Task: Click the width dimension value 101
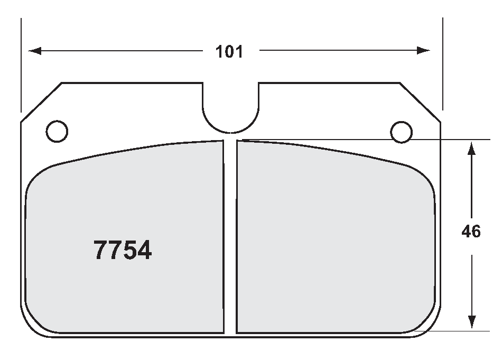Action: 229,51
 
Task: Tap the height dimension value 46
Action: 471,232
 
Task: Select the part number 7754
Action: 123,250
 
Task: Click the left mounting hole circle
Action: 57,131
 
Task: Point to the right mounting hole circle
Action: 401,132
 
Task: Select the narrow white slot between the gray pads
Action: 230,238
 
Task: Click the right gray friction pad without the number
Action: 333,238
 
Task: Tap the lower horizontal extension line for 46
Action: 465,331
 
